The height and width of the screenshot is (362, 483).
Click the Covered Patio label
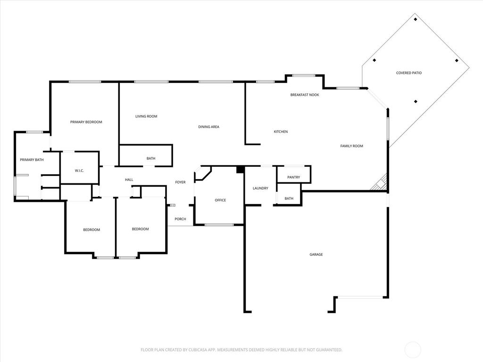click(x=408, y=73)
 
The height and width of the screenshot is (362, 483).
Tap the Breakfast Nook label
click(x=304, y=95)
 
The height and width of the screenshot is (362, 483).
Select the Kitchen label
click(x=281, y=132)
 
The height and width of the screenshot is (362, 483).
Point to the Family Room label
click(x=351, y=146)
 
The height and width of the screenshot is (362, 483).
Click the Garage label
click(x=316, y=255)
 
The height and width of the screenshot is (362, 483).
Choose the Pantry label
click(x=293, y=177)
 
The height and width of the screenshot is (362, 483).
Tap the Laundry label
click(x=260, y=188)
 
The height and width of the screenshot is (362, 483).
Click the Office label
click(x=220, y=200)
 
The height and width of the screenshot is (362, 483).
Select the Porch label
click(x=180, y=219)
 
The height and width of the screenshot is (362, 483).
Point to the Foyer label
click(x=180, y=182)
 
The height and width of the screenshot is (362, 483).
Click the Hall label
click(x=129, y=180)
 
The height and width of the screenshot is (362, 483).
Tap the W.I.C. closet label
click(x=79, y=170)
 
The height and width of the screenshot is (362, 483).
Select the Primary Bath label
click(x=32, y=160)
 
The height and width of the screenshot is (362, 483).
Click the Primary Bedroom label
click(x=86, y=122)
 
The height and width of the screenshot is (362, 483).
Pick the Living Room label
click(x=146, y=116)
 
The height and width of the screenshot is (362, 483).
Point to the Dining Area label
click(x=208, y=126)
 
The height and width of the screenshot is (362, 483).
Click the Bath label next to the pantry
click(x=289, y=198)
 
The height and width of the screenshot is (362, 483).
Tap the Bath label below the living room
click(x=151, y=158)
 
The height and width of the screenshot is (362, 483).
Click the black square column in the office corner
click(x=240, y=170)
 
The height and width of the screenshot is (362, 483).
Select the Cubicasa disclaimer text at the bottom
click(x=241, y=350)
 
